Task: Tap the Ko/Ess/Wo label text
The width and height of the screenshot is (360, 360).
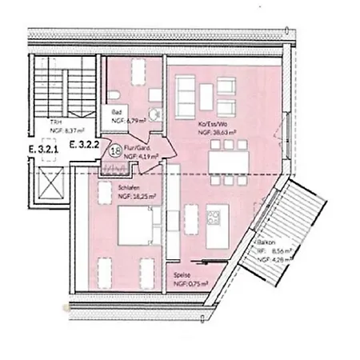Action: [x=211, y=125]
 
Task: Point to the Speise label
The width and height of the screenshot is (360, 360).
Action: [x=182, y=274]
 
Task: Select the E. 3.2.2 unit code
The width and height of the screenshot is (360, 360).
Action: [x=82, y=146]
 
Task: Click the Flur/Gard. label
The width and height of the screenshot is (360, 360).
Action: [x=138, y=149]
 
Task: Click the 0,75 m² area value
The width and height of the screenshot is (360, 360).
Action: [x=197, y=284]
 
